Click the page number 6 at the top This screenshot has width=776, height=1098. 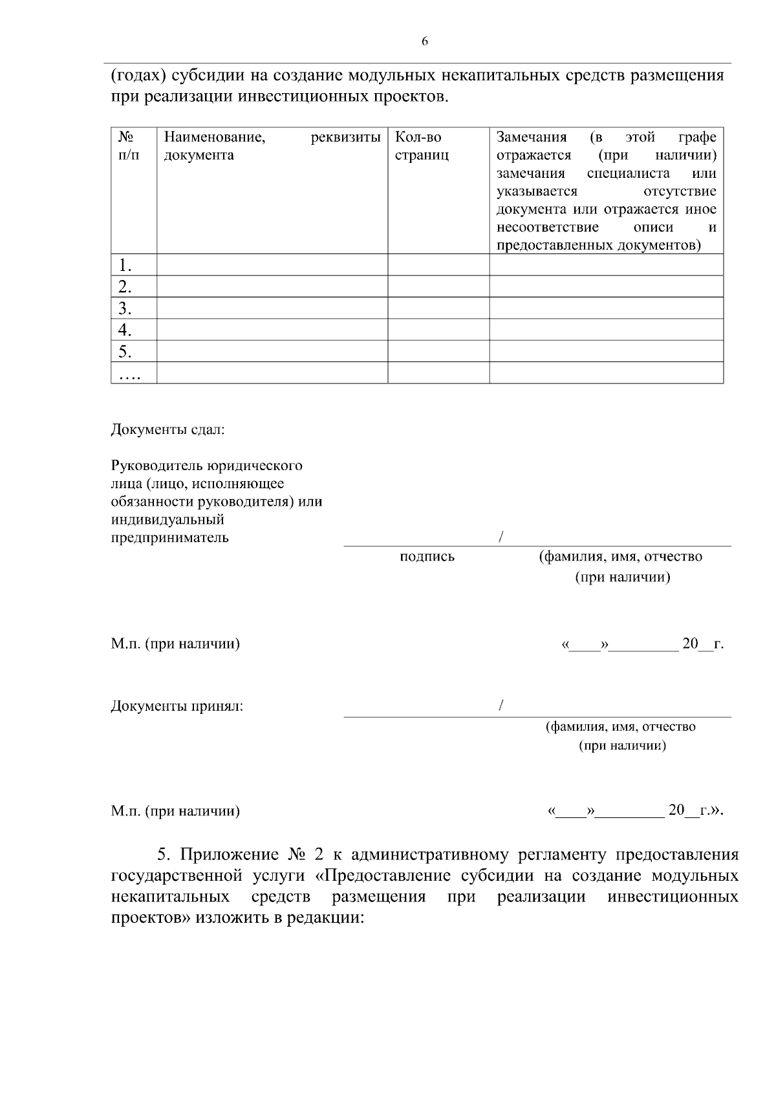click(x=424, y=41)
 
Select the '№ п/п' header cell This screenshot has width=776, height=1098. click(x=128, y=146)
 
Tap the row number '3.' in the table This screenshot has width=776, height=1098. click(x=125, y=308)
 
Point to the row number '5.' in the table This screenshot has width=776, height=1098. click(x=125, y=351)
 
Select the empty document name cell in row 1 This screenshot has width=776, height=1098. click(x=272, y=264)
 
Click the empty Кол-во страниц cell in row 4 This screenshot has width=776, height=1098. click(x=438, y=330)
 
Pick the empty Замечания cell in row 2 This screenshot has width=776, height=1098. click(x=606, y=286)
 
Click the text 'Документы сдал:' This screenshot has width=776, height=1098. click(x=167, y=429)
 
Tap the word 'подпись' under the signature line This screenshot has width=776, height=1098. click(x=427, y=556)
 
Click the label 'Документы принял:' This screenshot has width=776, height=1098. click(x=177, y=705)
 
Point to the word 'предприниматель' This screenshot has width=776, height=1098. click(x=169, y=537)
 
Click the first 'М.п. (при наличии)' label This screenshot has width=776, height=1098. click(x=175, y=644)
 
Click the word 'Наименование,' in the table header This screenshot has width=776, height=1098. click(x=214, y=137)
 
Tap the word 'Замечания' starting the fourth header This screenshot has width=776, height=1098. click(x=531, y=137)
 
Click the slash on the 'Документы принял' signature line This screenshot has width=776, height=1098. click(x=501, y=705)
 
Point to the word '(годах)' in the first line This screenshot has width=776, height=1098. click(x=140, y=76)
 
